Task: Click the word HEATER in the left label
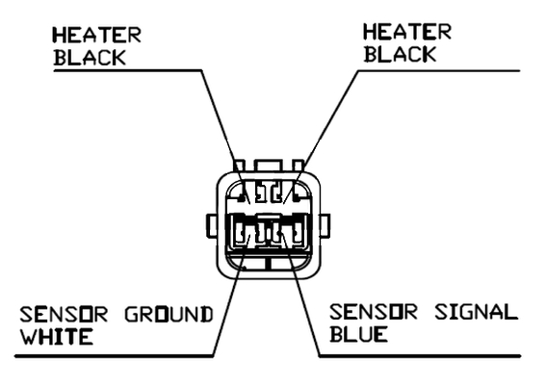pyautogui.click(x=97, y=36)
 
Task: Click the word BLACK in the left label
pyautogui.click(x=90, y=58)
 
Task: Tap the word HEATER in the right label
pyautogui.click(x=407, y=32)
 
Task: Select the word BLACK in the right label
pyautogui.click(x=400, y=55)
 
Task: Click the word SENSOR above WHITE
pyautogui.click(x=64, y=315)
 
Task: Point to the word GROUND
pyautogui.click(x=169, y=315)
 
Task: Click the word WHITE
pyautogui.click(x=57, y=337)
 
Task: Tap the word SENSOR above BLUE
pyautogui.click(x=374, y=312)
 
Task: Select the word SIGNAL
pyautogui.click(x=477, y=312)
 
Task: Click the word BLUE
pyautogui.click(x=358, y=334)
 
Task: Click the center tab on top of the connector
pyautogui.click(x=268, y=166)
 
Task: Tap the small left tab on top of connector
pyautogui.click(x=240, y=166)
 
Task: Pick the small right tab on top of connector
pyautogui.click(x=299, y=166)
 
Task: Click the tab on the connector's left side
pyautogui.click(x=212, y=226)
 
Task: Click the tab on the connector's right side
pyautogui.click(x=325, y=226)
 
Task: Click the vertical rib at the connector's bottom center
pyautogui.click(x=268, y=263)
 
